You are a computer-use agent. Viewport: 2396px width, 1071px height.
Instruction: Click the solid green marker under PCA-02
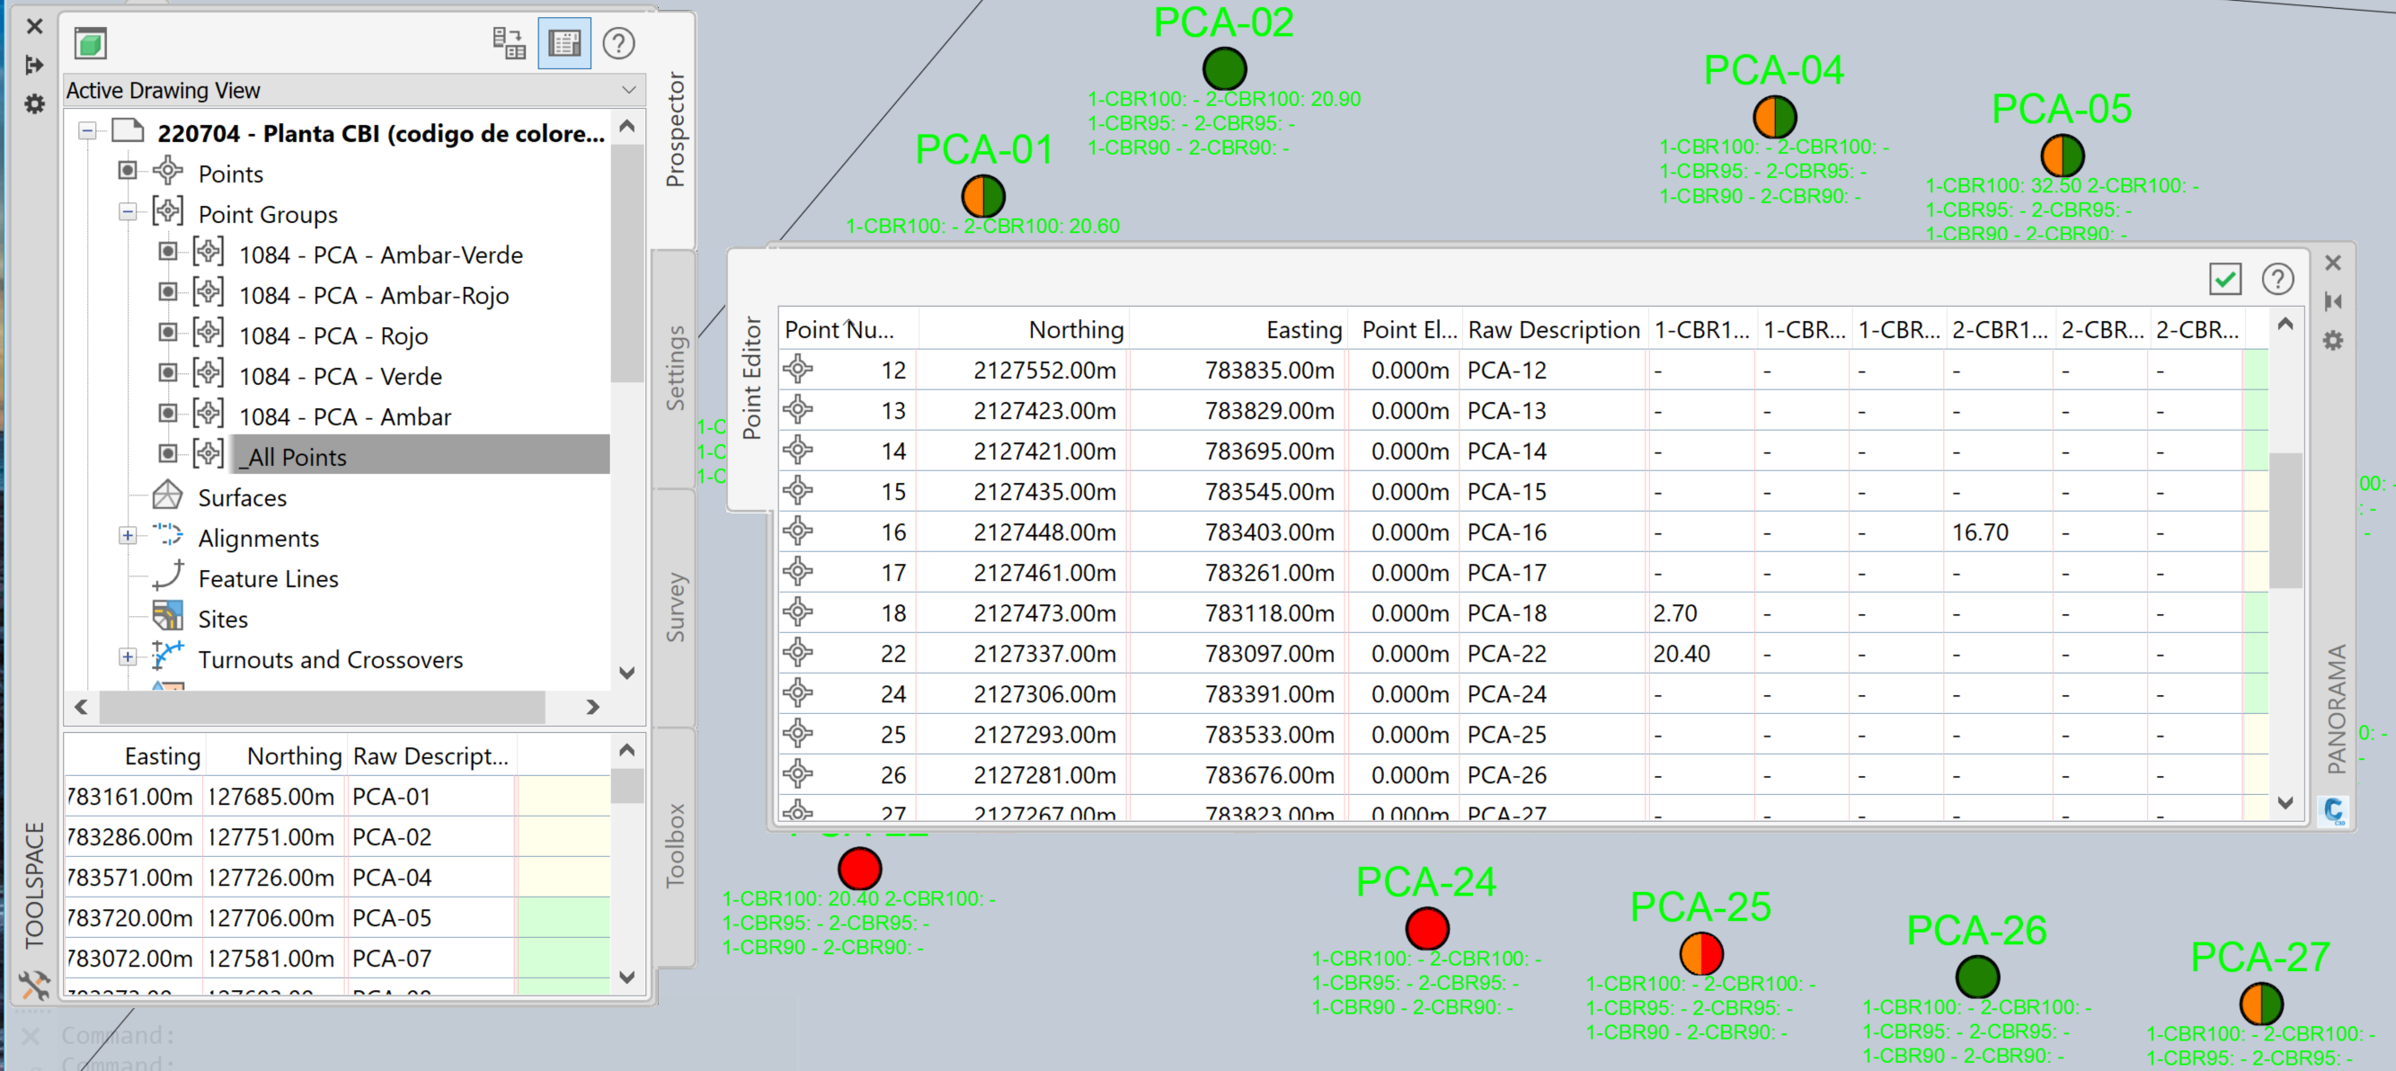point(1224,69)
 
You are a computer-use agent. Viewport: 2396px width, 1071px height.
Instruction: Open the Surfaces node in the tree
point(242,498)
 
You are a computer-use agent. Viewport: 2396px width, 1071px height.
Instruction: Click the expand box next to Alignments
point(128,536)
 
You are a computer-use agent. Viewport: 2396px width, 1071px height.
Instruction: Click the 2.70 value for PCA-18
point(1674,613)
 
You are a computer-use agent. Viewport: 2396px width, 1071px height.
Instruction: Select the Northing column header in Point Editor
point(1075,329)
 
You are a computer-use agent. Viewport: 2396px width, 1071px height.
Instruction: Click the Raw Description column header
point(1552,329)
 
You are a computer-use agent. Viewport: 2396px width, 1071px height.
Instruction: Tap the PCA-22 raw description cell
point(1506,654)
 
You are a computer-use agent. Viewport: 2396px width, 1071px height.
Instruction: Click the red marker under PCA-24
point(1427,928)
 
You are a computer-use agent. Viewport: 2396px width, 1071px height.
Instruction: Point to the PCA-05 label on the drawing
point(2061,110)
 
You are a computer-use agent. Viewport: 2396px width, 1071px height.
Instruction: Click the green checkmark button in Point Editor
point(2225,278)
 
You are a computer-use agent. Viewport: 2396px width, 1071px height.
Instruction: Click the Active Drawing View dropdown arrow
point(629,90)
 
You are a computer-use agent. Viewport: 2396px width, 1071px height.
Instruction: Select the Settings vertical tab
point(675,368)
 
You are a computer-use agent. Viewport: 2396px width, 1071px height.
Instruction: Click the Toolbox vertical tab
point(675,845)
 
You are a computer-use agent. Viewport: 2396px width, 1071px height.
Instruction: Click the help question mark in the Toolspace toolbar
point(618,43)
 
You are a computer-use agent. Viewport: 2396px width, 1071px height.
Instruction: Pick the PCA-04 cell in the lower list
point(392,878)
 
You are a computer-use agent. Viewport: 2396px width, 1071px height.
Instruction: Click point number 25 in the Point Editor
point(892,735)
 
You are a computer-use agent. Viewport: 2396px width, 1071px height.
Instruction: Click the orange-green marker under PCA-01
point(983,196)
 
